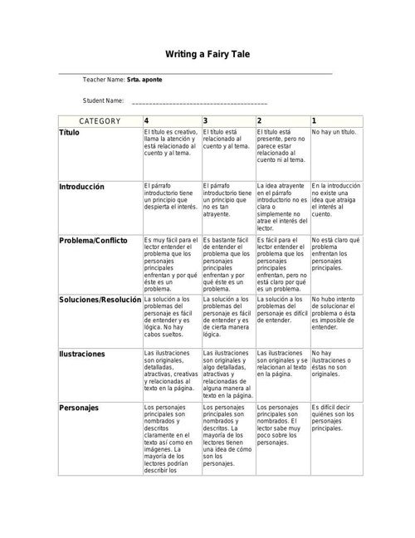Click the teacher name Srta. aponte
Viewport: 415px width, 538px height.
click(144, 80)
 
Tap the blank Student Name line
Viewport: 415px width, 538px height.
click(199, 101)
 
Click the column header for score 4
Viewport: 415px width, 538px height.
click(147, 121)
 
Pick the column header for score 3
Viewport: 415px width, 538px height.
click(205, 121)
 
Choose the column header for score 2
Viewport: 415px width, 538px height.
click(260, 121)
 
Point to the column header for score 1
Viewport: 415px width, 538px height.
click(314, 121)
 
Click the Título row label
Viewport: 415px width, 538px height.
click(70, 133)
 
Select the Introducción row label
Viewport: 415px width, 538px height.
click(81, 187)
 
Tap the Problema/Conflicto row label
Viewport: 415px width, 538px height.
click(93, 241)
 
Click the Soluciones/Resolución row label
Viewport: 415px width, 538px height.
click(100, 299)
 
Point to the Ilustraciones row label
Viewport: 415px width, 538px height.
click(82, 354)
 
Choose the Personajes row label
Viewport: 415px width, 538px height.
click(79, 408)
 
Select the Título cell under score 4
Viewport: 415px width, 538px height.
click(171, 142)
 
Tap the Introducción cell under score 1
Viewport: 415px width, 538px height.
click(336, 199)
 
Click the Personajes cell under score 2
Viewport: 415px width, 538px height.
click(281, 425)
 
